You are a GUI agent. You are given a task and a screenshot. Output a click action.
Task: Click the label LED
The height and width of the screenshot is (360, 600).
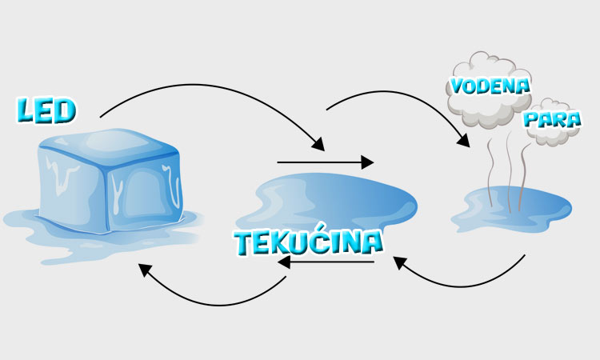[46, 111]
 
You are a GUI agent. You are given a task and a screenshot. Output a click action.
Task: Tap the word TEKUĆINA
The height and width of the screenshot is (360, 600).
[308, 242]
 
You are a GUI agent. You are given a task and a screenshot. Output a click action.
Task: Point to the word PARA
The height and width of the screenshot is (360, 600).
[551, 120]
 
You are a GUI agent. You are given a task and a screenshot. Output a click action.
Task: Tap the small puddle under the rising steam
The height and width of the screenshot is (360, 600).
[512, 208]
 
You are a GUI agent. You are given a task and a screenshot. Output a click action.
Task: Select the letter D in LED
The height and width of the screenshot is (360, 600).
[63, 111]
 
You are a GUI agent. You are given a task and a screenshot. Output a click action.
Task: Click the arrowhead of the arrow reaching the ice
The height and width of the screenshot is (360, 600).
[145, 270]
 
